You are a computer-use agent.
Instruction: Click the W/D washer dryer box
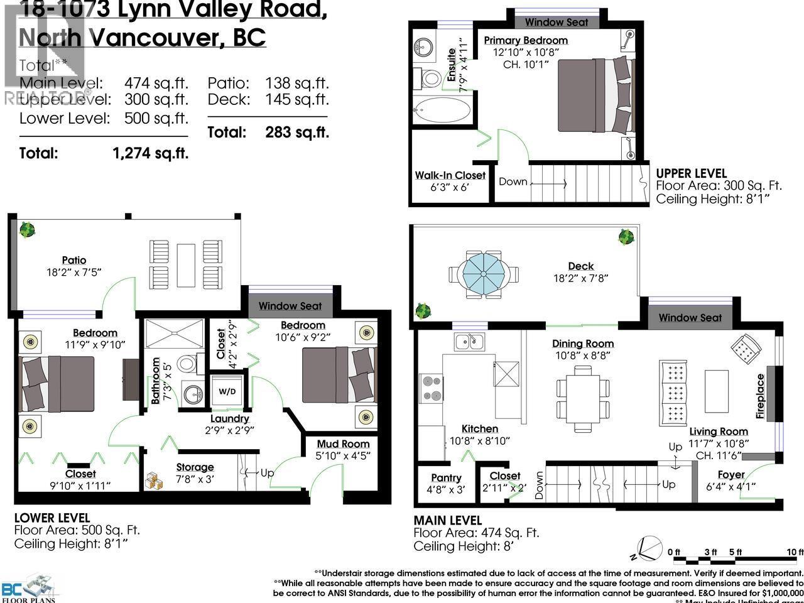pyautogui.click(x=227, y=391)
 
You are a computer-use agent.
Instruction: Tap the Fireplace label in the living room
pyautogui.click(x=761, y=396)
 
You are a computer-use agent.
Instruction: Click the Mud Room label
pyautogui.click(x=343, y=444)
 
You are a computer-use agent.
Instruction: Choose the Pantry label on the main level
pyautogui.click(x=446, y=478)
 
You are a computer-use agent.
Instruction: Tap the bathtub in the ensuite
pyautogui.click(x=441, y=113)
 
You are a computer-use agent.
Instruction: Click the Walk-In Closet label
pyautogui.click(x=450, y=175)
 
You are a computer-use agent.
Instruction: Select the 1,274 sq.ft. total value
pyautogui.click(x=149, y=153)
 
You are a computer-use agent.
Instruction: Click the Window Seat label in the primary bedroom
pyautogui.click(x=557, y=22)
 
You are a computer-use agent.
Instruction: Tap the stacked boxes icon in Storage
pyautogui.click(x=154, y=481)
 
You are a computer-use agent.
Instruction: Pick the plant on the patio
pyautogui.click(x=26, y=230)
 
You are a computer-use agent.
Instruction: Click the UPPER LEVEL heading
pyautogui.click(x=691, y=173)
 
